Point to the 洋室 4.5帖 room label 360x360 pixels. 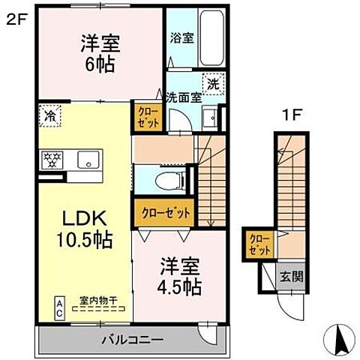point(179,276)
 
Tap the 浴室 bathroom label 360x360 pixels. point(181,37)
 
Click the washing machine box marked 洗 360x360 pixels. point(213,85)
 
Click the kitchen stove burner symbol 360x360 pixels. point(54,159)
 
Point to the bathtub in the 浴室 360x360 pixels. point(212,40)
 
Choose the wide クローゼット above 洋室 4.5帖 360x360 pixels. point(166,213)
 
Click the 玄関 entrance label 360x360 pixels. point(292,276)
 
